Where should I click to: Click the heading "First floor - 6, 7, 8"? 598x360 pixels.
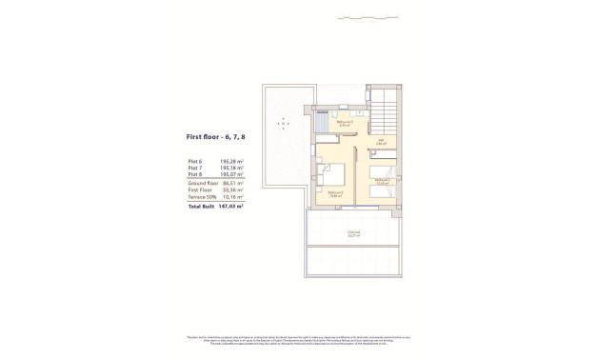point(214,137)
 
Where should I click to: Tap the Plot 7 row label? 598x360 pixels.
point(195,169)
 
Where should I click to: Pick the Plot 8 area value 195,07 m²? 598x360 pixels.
point(232,175)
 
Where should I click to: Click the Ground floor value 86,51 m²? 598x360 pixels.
point(232,183)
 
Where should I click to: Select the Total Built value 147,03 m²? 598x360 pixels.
point(231,206)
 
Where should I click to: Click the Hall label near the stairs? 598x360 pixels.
point(380,143)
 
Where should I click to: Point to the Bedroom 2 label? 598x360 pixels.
point(336,192)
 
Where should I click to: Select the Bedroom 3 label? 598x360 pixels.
point(382,180)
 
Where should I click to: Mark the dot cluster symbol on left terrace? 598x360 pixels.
point(282,121)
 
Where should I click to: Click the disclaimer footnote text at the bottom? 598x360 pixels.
point(299,341)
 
